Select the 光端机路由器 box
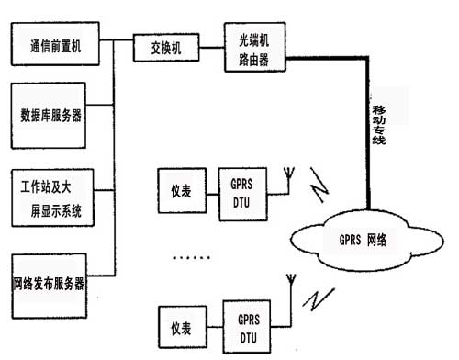(254, 44)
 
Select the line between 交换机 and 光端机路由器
(210, 44)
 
